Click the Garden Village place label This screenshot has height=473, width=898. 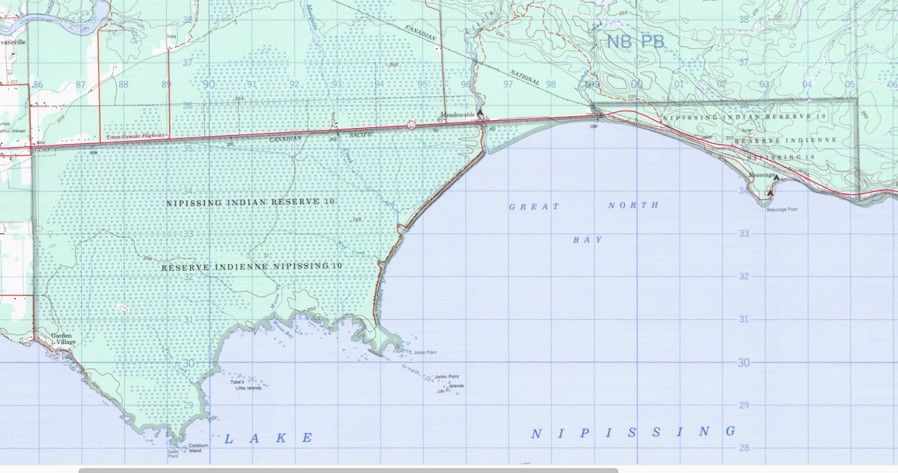tap(63, 338)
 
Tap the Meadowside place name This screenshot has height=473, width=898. tap(457, 115)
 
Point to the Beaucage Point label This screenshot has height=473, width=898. tap(782, 210)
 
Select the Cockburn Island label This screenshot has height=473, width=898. tap(198, 448)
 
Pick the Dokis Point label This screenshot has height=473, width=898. tap(173, 454)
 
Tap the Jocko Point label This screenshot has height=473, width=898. tap(425, 353)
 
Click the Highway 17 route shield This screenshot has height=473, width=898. tap(411, 125)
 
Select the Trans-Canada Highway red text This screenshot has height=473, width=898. tap(136, 136)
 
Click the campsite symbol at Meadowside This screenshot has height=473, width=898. tap(480, 113)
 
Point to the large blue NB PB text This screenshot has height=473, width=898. tap(635, 42)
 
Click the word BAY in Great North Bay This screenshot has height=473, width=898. tap(587, 240)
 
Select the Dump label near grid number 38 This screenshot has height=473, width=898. tap(171, 36)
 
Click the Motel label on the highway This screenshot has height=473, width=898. tap(40, 143)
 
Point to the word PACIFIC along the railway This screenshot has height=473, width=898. tap(361, 135)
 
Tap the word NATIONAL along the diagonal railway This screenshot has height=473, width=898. tap(524, 78)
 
